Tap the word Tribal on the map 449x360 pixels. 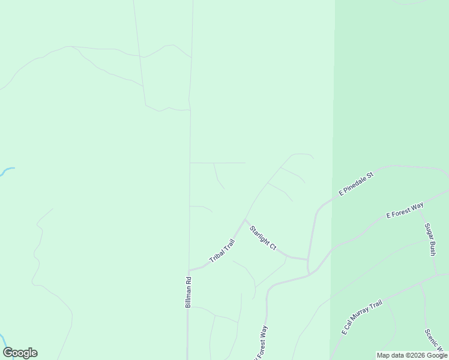coord(217,256)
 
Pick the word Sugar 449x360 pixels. coord(428,232)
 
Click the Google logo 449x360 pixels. coord(20,353)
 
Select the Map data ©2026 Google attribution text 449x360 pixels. coord(412,355)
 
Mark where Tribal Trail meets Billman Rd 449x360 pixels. coord(189,270)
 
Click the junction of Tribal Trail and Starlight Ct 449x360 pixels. coord(244,220)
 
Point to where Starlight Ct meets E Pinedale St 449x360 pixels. coord(307,259)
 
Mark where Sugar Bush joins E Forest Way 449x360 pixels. coord(420,206)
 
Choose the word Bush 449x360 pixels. coord(432,248)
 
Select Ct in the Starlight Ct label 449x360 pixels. coord(272,246)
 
